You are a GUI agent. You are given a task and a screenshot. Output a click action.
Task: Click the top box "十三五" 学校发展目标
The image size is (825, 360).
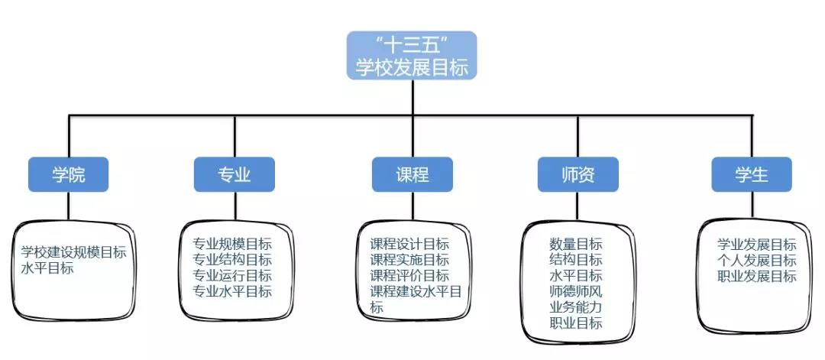(412, 55)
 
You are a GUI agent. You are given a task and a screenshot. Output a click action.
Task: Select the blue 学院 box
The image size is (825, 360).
(68, 175)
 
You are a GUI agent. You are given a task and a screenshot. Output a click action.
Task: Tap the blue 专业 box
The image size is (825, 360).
(234, 175)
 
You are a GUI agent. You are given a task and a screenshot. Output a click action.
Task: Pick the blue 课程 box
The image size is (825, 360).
(412, 175)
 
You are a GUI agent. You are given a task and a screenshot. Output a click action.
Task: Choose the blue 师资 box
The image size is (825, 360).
(577, 175)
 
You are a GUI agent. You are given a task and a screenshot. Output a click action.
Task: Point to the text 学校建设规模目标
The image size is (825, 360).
(73, 252)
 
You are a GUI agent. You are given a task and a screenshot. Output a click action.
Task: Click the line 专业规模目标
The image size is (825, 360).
(232, 245)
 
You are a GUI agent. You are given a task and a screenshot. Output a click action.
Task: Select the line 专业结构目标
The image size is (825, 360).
(232, 260)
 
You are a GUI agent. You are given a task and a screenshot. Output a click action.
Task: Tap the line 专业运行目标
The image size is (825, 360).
(232, 275)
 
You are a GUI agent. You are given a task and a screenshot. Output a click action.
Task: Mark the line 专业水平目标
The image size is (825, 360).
(232, 291)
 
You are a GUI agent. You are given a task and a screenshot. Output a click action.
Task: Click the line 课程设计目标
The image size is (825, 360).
(409, 245)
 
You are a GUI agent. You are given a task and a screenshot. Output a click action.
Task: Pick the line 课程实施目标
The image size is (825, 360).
(409, 260)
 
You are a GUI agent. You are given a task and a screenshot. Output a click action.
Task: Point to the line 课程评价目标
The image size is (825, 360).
(409, 275)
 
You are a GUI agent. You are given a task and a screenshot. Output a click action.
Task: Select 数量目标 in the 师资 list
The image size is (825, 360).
(576, 245)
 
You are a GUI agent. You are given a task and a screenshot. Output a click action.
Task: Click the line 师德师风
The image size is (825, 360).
(576, 291)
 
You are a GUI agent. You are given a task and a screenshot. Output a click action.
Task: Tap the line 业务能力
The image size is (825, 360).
(576, 307)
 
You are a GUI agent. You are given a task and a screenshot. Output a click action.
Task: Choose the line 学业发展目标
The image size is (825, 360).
(757, 245)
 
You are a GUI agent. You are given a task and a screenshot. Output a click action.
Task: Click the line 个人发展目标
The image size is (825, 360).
(757, 261)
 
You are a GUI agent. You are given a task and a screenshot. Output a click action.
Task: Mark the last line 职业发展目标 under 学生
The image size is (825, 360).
(757, 276)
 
